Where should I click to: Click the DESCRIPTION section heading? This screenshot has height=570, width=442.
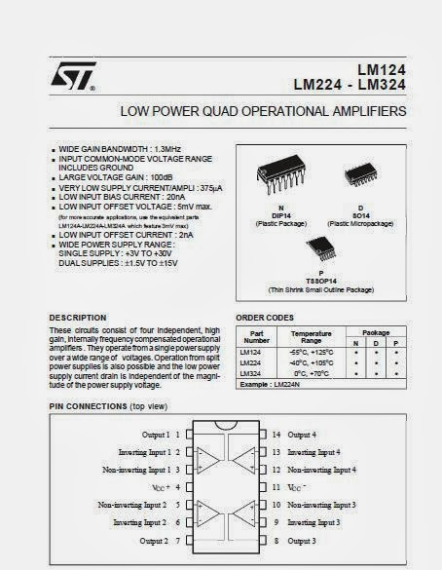click(x=78, y=318)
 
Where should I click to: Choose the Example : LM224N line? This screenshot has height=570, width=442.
click(x=276, y=386)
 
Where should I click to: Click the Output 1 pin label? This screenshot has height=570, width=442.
click(x=156, y=435)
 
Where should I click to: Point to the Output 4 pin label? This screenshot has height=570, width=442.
click(x=302, y=435)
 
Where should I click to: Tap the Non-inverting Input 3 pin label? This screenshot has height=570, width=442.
click(x=321, y=505)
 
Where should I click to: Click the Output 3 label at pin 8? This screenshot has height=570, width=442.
click(x=302, y=540)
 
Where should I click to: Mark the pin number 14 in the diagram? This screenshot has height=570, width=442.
click(x=276, y=435)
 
